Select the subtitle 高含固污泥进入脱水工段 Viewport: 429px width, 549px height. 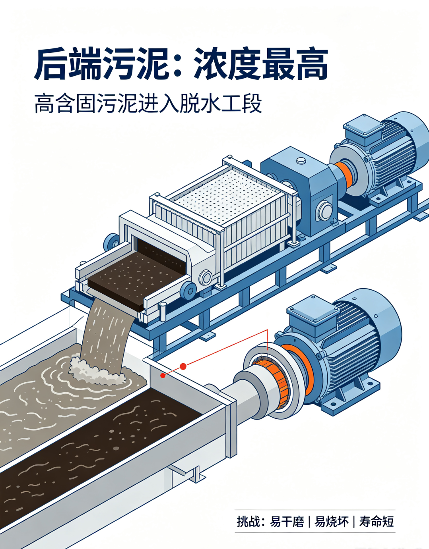point(148,103)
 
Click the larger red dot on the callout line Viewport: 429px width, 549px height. point(183,366)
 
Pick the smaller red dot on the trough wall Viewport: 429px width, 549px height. point(163,376)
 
